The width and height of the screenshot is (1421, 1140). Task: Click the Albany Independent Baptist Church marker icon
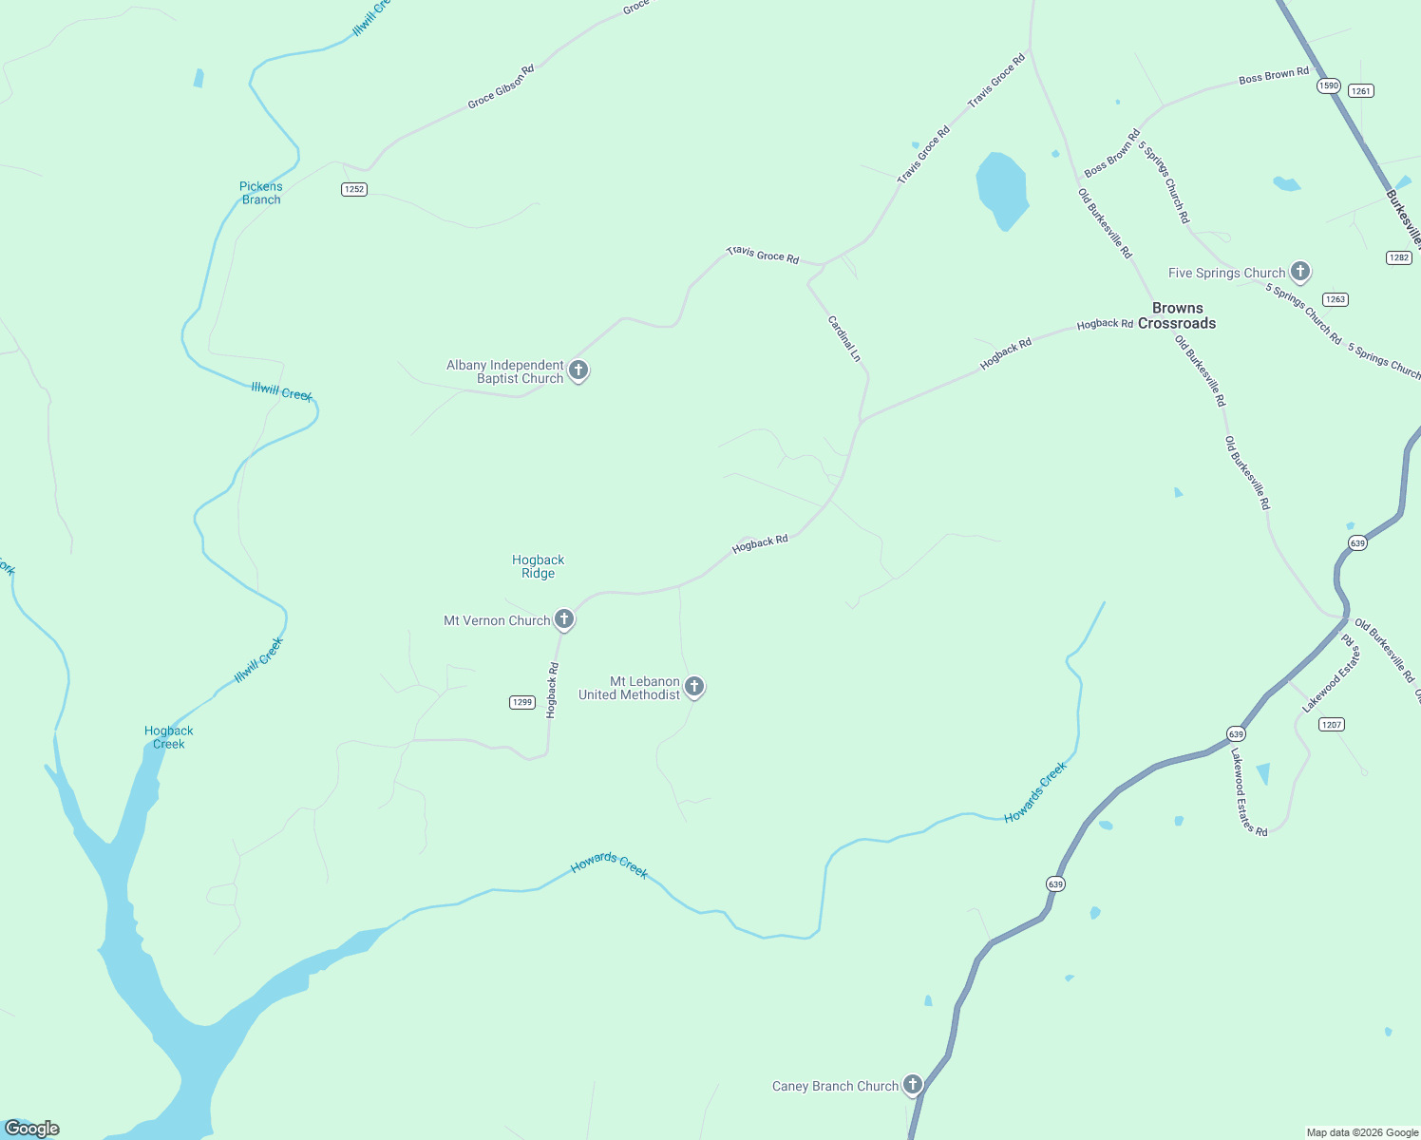pos(578,370)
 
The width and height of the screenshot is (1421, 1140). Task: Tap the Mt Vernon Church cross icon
pos(564,619)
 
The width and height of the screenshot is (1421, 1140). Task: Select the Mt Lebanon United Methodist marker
pos(694,686)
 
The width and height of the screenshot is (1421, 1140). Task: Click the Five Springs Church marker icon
pos(1300,272)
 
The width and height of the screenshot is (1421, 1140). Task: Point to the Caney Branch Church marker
pos(913,1084)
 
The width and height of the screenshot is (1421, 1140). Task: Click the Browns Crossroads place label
pos(1177,315)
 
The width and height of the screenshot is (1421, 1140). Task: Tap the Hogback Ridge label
pos(538,566)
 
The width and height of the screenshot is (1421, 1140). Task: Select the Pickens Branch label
pos(261,193)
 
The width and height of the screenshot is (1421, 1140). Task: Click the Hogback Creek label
pos(169,737)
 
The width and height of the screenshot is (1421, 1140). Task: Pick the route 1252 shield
pos(354,189)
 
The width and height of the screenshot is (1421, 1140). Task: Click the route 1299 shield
pos(522,702)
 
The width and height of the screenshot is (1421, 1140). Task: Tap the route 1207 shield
pos(1332,724)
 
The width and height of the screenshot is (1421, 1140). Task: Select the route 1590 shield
pos(1329,85)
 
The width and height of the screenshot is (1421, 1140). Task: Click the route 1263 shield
pos(1336,299)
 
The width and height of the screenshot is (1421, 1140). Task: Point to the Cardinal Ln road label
pos(844,339)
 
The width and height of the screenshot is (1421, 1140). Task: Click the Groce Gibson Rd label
pos(501,86)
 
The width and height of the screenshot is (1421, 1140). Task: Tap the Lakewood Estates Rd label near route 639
pos(1248,792)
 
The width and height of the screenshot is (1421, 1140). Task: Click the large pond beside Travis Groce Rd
pos(1002,189)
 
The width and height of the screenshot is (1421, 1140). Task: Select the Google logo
pos(32,1129)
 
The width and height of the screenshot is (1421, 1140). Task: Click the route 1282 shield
pos(1399,257)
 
